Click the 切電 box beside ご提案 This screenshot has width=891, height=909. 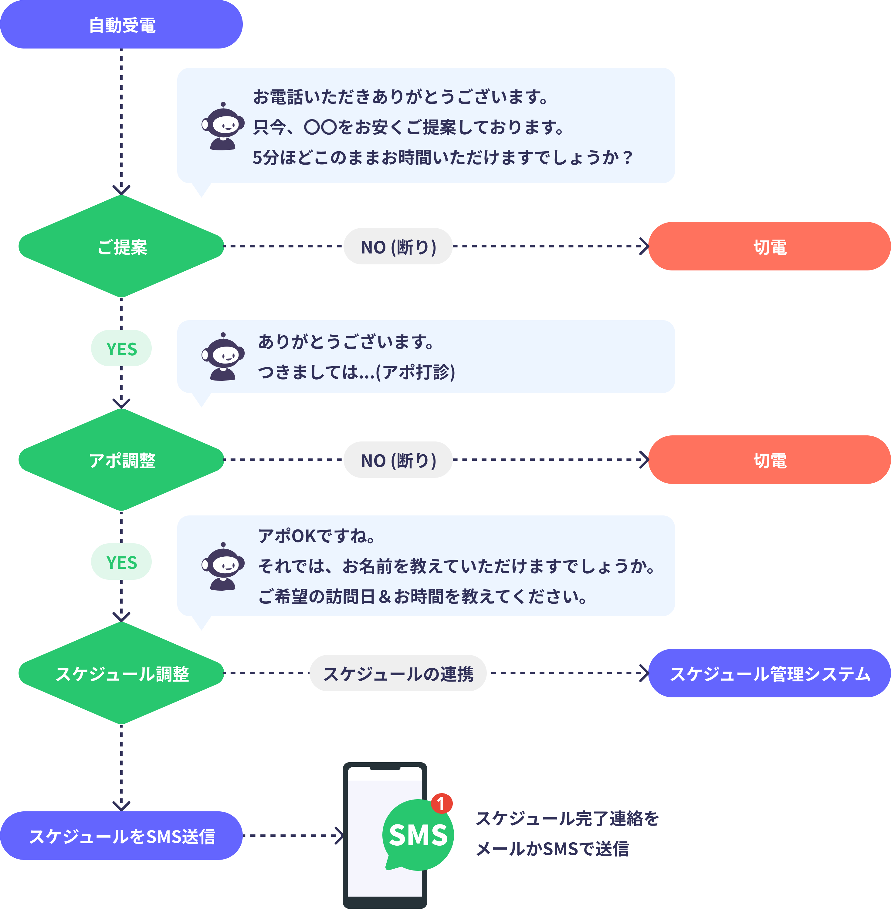pyautogui.click(x=769, y=247)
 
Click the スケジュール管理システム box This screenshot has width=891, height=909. pyautogui.click(x=769, y=673)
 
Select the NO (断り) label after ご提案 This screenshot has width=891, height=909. pyautogui.click(x=398, y=247)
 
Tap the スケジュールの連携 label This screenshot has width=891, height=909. pyautogui.click(x=398, y=673)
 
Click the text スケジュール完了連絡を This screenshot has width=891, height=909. pyautogui.click(x=567, y=818)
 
